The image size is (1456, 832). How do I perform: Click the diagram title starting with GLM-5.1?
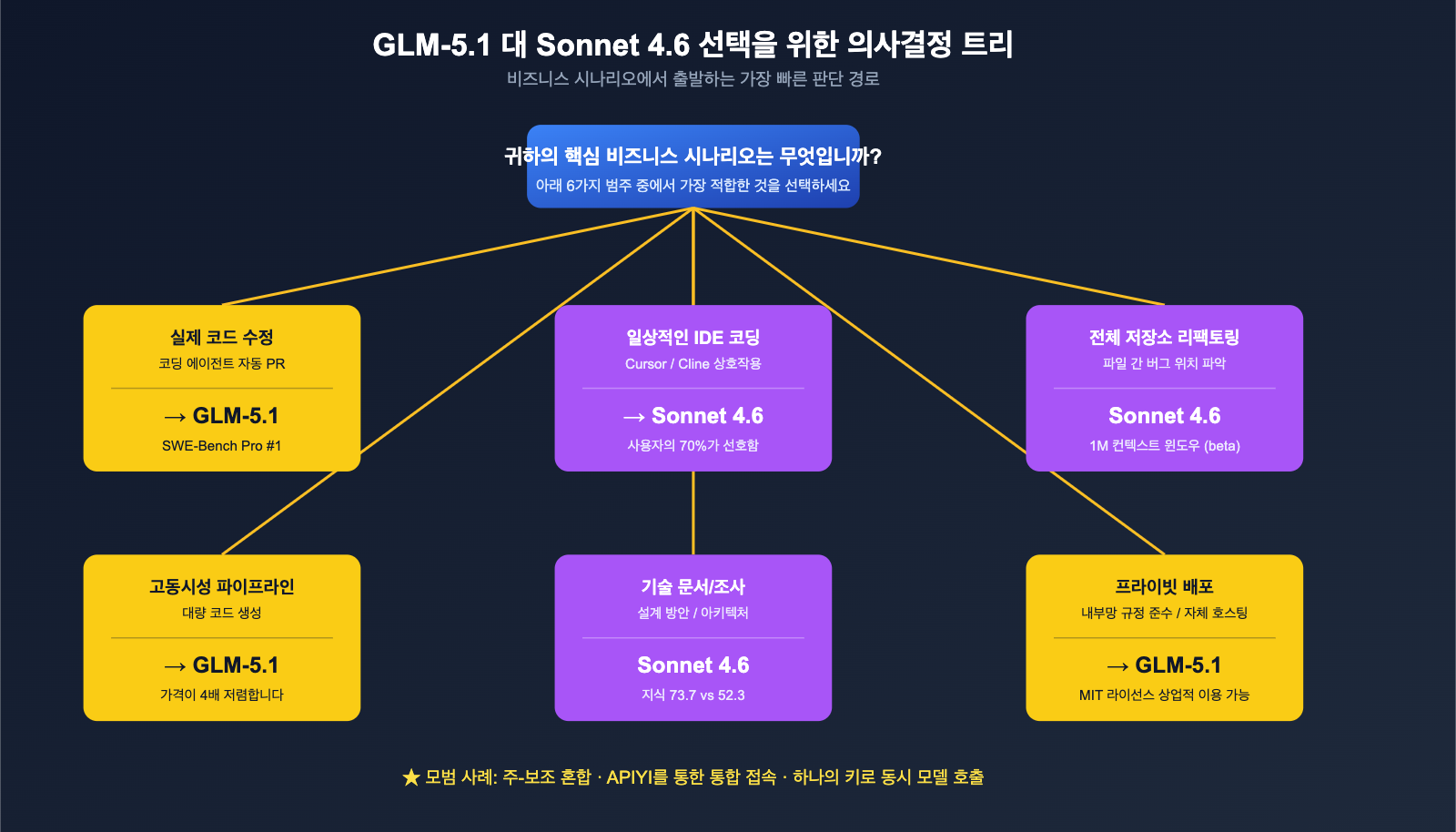693,45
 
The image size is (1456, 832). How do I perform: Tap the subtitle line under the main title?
693,79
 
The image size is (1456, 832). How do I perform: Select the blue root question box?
693,167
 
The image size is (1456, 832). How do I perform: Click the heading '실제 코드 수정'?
222,338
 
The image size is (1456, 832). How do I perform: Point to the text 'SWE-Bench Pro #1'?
222,446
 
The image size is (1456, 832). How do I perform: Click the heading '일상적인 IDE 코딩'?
693,338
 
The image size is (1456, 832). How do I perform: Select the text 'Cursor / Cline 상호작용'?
693,364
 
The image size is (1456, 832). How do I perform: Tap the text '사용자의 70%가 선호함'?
693,446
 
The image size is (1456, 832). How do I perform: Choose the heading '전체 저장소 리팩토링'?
1164,338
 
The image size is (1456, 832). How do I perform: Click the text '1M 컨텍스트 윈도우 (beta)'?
1164,446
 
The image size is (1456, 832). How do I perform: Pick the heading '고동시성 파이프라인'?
222,587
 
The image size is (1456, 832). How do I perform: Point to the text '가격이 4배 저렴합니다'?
222,695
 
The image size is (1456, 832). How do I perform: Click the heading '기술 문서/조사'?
693,587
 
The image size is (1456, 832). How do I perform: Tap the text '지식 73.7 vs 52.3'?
693,695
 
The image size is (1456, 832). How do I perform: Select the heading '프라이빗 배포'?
1164,587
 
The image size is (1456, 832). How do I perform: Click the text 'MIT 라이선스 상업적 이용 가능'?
1164,695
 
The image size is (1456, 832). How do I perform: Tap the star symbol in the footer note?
411,777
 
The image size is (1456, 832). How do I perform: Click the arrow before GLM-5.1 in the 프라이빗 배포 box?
1117,667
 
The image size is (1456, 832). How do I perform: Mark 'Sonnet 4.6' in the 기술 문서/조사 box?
693,665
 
